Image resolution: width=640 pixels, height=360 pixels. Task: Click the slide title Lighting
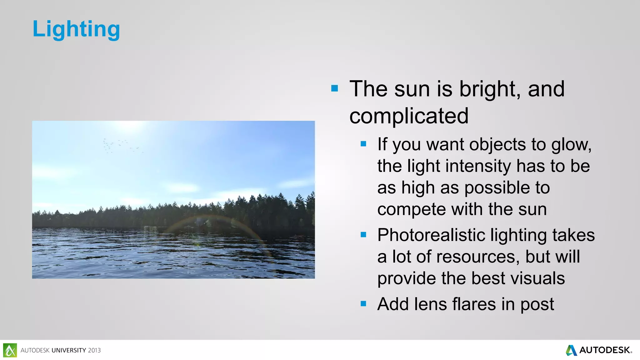(x=76, y=29)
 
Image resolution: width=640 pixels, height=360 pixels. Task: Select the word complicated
(x=409, y=116)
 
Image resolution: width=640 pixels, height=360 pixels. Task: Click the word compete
(x=412, y=209)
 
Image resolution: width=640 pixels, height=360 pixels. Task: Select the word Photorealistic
(x=431, y=235)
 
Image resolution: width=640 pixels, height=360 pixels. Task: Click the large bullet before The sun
(x=335, y=88)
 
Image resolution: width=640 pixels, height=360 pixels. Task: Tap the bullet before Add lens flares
(x=363, y=303)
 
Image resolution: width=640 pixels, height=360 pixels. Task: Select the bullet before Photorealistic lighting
(x=363, y=234)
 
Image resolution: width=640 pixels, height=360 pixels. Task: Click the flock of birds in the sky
(x=120, y=146)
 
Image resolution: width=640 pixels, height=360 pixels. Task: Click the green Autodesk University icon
(x=10, y=350)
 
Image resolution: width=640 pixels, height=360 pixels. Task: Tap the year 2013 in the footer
(x=94, y=351)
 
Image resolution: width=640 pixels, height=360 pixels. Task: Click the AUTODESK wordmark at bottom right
(x=604, y=350)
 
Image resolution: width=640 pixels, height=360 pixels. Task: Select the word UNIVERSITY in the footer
(x=69, y=351)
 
